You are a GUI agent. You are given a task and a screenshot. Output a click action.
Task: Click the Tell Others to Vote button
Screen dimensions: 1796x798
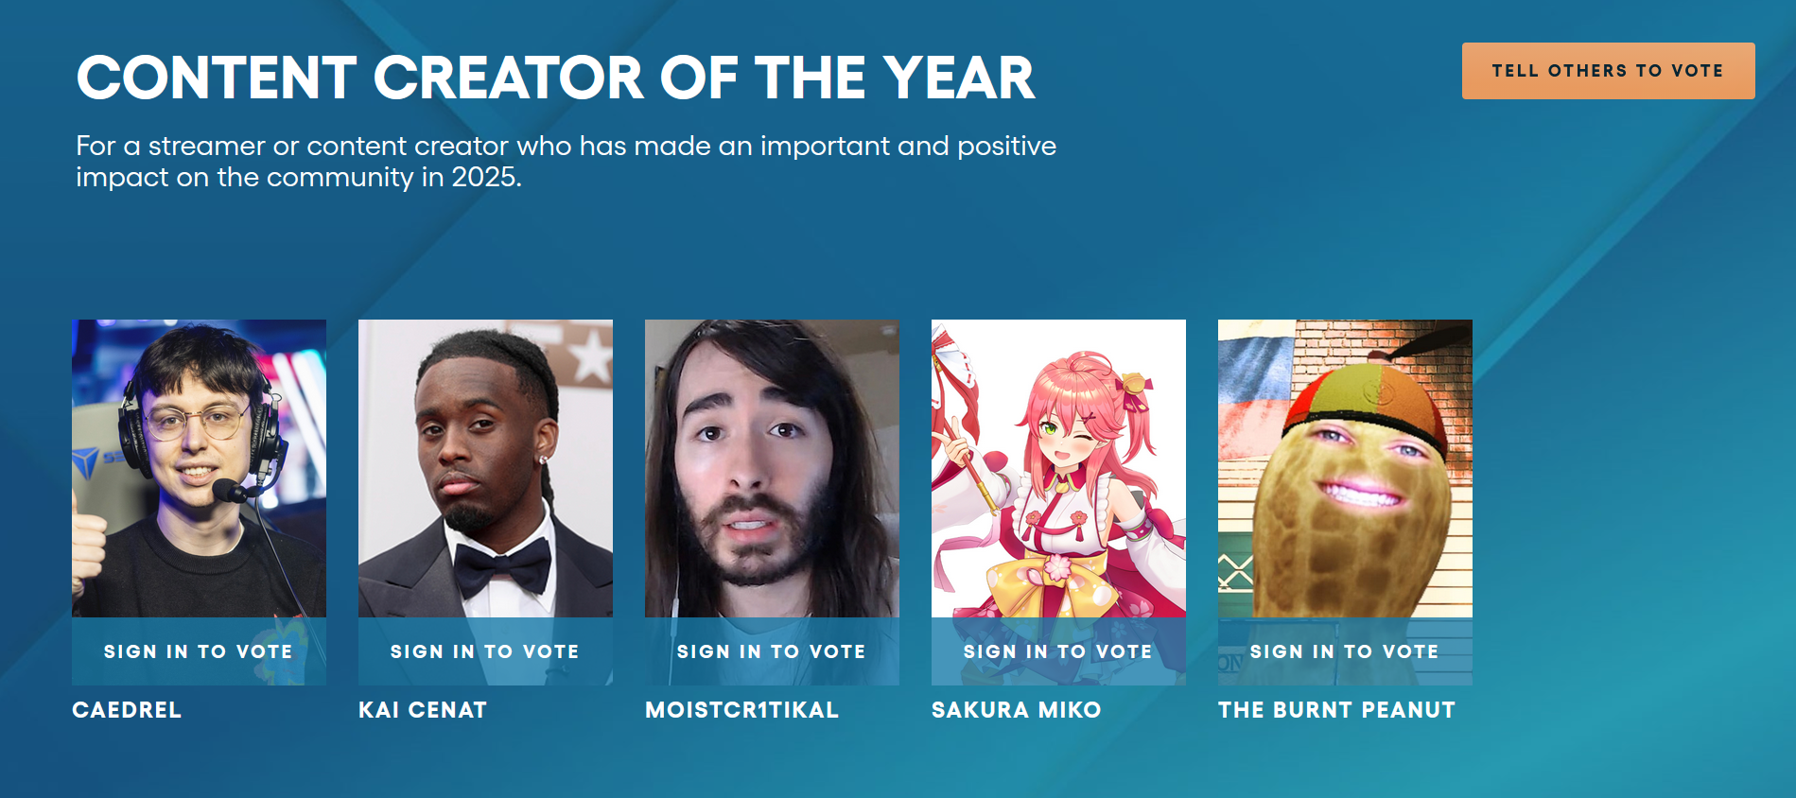[1608, 71]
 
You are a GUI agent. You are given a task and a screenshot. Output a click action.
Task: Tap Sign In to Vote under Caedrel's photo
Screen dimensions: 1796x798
[199, 651]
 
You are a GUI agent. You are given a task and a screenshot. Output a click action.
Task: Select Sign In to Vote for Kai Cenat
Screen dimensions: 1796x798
[485, 651]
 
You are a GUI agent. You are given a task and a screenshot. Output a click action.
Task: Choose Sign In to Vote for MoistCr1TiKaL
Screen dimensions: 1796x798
[772, 651]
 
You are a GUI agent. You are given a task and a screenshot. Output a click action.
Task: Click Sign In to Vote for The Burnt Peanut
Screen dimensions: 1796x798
[1345, 651]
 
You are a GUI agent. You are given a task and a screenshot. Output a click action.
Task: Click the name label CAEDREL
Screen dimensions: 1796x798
[127, 710]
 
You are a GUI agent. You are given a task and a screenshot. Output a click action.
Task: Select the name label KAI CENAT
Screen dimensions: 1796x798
[423, 710]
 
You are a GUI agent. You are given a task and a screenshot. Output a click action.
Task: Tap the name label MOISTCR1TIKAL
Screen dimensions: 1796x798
[741, 710]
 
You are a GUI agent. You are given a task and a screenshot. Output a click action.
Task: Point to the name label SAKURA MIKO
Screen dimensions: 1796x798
[1017, 710]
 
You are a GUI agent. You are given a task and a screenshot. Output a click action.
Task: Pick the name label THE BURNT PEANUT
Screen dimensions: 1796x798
[1336, 710]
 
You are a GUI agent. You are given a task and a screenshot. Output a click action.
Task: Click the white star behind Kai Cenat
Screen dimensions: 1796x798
[593, 357]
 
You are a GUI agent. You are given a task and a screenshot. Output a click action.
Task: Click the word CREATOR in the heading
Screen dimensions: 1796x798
[509, 78]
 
